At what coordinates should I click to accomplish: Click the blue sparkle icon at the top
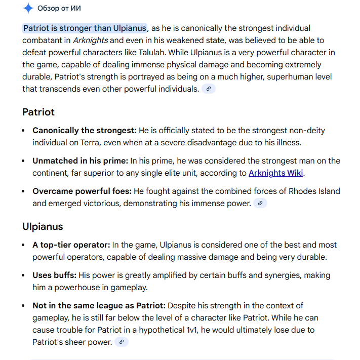coord(28,8)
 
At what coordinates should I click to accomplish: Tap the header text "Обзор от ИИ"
coord(59,8)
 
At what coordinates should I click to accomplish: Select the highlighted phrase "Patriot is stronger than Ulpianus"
coord(85,28)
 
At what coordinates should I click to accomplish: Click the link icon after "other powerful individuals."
coord(209,89)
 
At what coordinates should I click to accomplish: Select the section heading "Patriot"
coord(38,112)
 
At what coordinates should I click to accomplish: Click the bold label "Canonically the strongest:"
coord(85,131)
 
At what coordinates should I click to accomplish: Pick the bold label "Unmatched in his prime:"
coord(80,161)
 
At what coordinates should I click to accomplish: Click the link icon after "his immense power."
coord(260,204)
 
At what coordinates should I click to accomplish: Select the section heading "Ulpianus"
coord(43,226)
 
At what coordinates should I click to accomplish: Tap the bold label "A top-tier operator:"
coord(71,245)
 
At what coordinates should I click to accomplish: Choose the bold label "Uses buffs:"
coord(55,275)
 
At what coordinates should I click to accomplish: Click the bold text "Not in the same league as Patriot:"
coord(99,306)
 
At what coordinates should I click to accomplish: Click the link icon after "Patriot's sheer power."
coord(122,342)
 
